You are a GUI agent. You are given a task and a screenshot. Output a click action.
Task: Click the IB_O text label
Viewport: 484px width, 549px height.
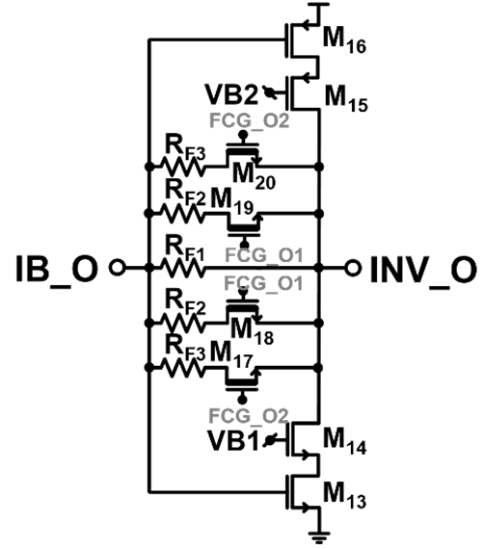(x=57, y=270)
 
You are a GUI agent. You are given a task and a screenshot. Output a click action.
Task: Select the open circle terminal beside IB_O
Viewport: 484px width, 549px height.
(x=117, y=268)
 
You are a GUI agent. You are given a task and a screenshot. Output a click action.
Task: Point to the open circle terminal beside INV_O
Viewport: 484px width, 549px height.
(x=353, y=268)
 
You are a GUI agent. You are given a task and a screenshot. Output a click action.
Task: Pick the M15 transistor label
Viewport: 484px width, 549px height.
(x=346, y=98)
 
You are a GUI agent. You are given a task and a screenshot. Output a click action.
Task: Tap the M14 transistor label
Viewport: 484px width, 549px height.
(x=344, y=441)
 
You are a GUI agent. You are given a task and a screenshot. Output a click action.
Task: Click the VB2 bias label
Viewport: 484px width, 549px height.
(x=231, y=94)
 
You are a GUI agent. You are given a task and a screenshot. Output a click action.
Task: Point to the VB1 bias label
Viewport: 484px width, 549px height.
(x=233, y=440)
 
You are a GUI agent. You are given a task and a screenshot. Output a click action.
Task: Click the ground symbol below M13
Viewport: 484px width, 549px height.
(x=319, y=536)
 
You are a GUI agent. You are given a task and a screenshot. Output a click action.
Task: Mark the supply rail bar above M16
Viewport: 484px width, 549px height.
(x=318, y=4)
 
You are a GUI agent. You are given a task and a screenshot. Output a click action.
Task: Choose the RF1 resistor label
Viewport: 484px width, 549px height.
(x=184, y=250)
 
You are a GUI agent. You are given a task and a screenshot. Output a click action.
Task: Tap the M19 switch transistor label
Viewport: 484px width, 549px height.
(x=232, y=201)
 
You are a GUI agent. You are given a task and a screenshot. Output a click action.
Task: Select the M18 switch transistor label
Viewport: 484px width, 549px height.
(x=253, y=332)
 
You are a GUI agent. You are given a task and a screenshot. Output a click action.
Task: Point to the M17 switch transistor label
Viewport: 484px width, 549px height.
(x=231, y=355)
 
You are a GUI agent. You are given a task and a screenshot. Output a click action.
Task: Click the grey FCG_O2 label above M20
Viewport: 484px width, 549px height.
(x=250, y=120)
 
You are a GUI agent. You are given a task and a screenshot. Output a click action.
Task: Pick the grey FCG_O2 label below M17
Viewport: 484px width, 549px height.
(x=249, y=416)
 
